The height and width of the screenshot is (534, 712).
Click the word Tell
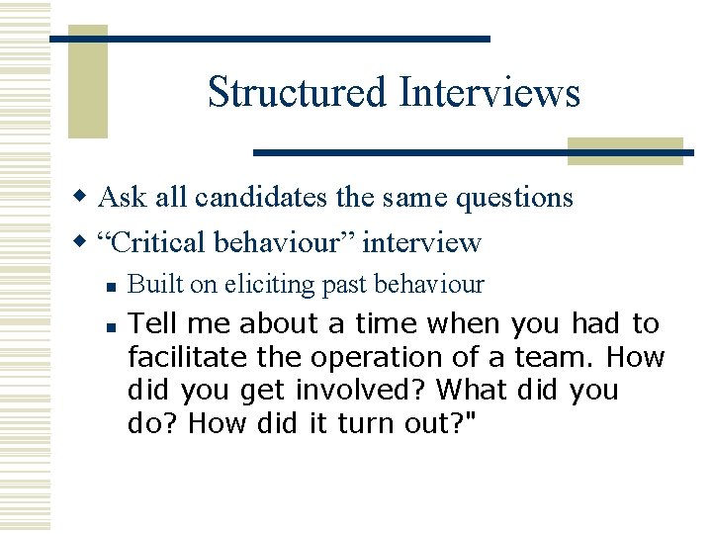[151, 323]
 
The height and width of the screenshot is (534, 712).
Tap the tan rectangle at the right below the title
[625, 150]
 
